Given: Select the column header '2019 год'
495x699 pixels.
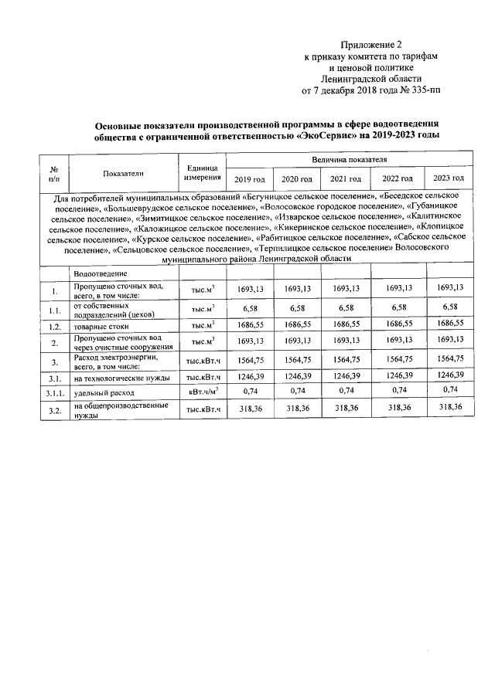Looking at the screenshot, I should (248, 179).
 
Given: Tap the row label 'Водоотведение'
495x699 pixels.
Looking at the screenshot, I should (101, 274).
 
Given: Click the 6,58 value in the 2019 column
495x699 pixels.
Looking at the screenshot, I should (249, 308).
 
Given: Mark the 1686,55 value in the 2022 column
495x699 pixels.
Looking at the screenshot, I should (398, 324).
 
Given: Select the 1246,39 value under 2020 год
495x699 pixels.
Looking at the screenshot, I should (297, 376).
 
